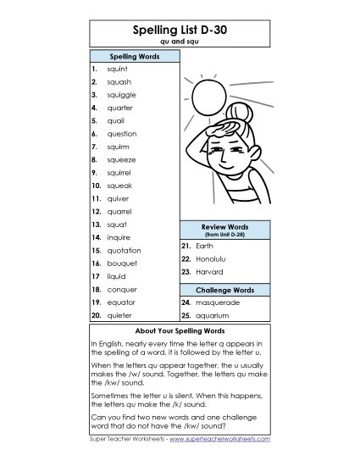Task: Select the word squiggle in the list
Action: tap(121, 95)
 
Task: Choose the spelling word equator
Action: tap(120, 302)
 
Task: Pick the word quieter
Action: tap(120, 314)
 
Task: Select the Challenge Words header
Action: tap(224, 290)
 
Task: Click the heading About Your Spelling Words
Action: tap(179, 330)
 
